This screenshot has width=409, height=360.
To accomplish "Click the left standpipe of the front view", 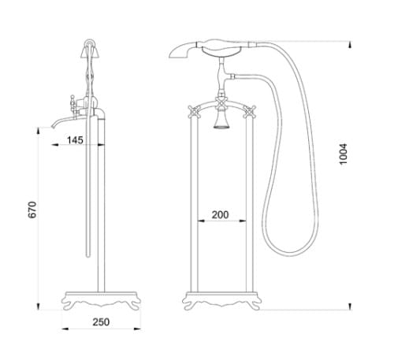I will (192, 205).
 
